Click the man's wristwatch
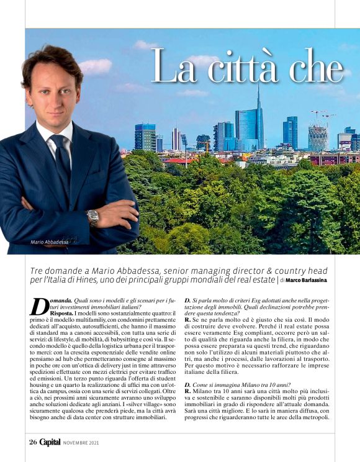pos(93,217)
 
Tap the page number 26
pos(33,443)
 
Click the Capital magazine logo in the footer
pos(50,443)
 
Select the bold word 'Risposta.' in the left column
pos(62,314)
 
